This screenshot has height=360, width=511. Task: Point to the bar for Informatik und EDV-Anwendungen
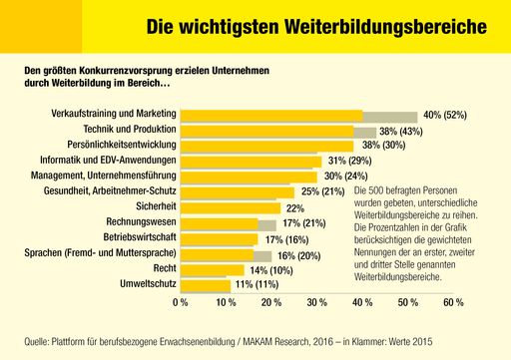pyautogui.click(x=251, y=161)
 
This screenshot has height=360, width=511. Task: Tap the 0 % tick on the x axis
pyautogui.click(x=181, y=301)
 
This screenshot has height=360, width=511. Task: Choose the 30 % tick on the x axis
pyautogui.click(x=316, y=301)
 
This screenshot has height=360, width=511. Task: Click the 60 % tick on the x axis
pyautogui.click(x=452, y=301)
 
